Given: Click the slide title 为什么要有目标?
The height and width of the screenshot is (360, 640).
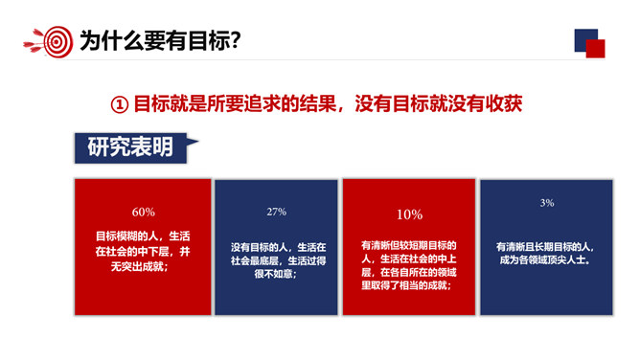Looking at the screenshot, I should [x=159, y=40].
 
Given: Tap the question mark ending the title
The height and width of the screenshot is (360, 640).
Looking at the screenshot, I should [x=234, y=40].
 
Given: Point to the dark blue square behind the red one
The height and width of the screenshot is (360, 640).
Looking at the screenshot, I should [x=582, y=37].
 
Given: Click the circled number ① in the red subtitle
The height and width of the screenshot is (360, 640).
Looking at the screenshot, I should [x=120, y=103].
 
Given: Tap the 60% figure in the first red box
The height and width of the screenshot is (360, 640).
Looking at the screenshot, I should [x=143, y=212].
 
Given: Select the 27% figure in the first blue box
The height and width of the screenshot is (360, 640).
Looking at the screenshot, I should [x=277, y=212].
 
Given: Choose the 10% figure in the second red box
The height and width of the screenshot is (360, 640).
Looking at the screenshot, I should [x=409, y=214].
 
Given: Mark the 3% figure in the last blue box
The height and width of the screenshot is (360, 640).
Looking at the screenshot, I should [x=547, y=203].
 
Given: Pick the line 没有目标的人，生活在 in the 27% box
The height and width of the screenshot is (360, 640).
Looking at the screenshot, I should [x=277, y=246].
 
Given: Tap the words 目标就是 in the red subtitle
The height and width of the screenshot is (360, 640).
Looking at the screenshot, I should [x=162, y=103].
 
